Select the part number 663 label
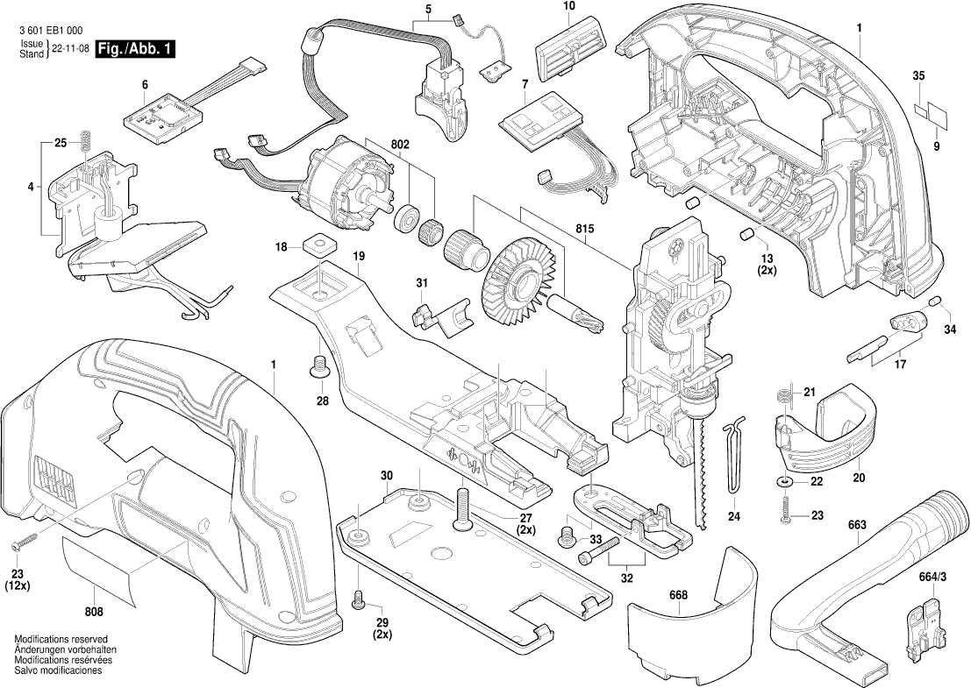pos(857,525)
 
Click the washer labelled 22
pos(783,481)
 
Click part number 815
pos(585,230)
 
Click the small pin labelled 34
pos(935,302)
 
